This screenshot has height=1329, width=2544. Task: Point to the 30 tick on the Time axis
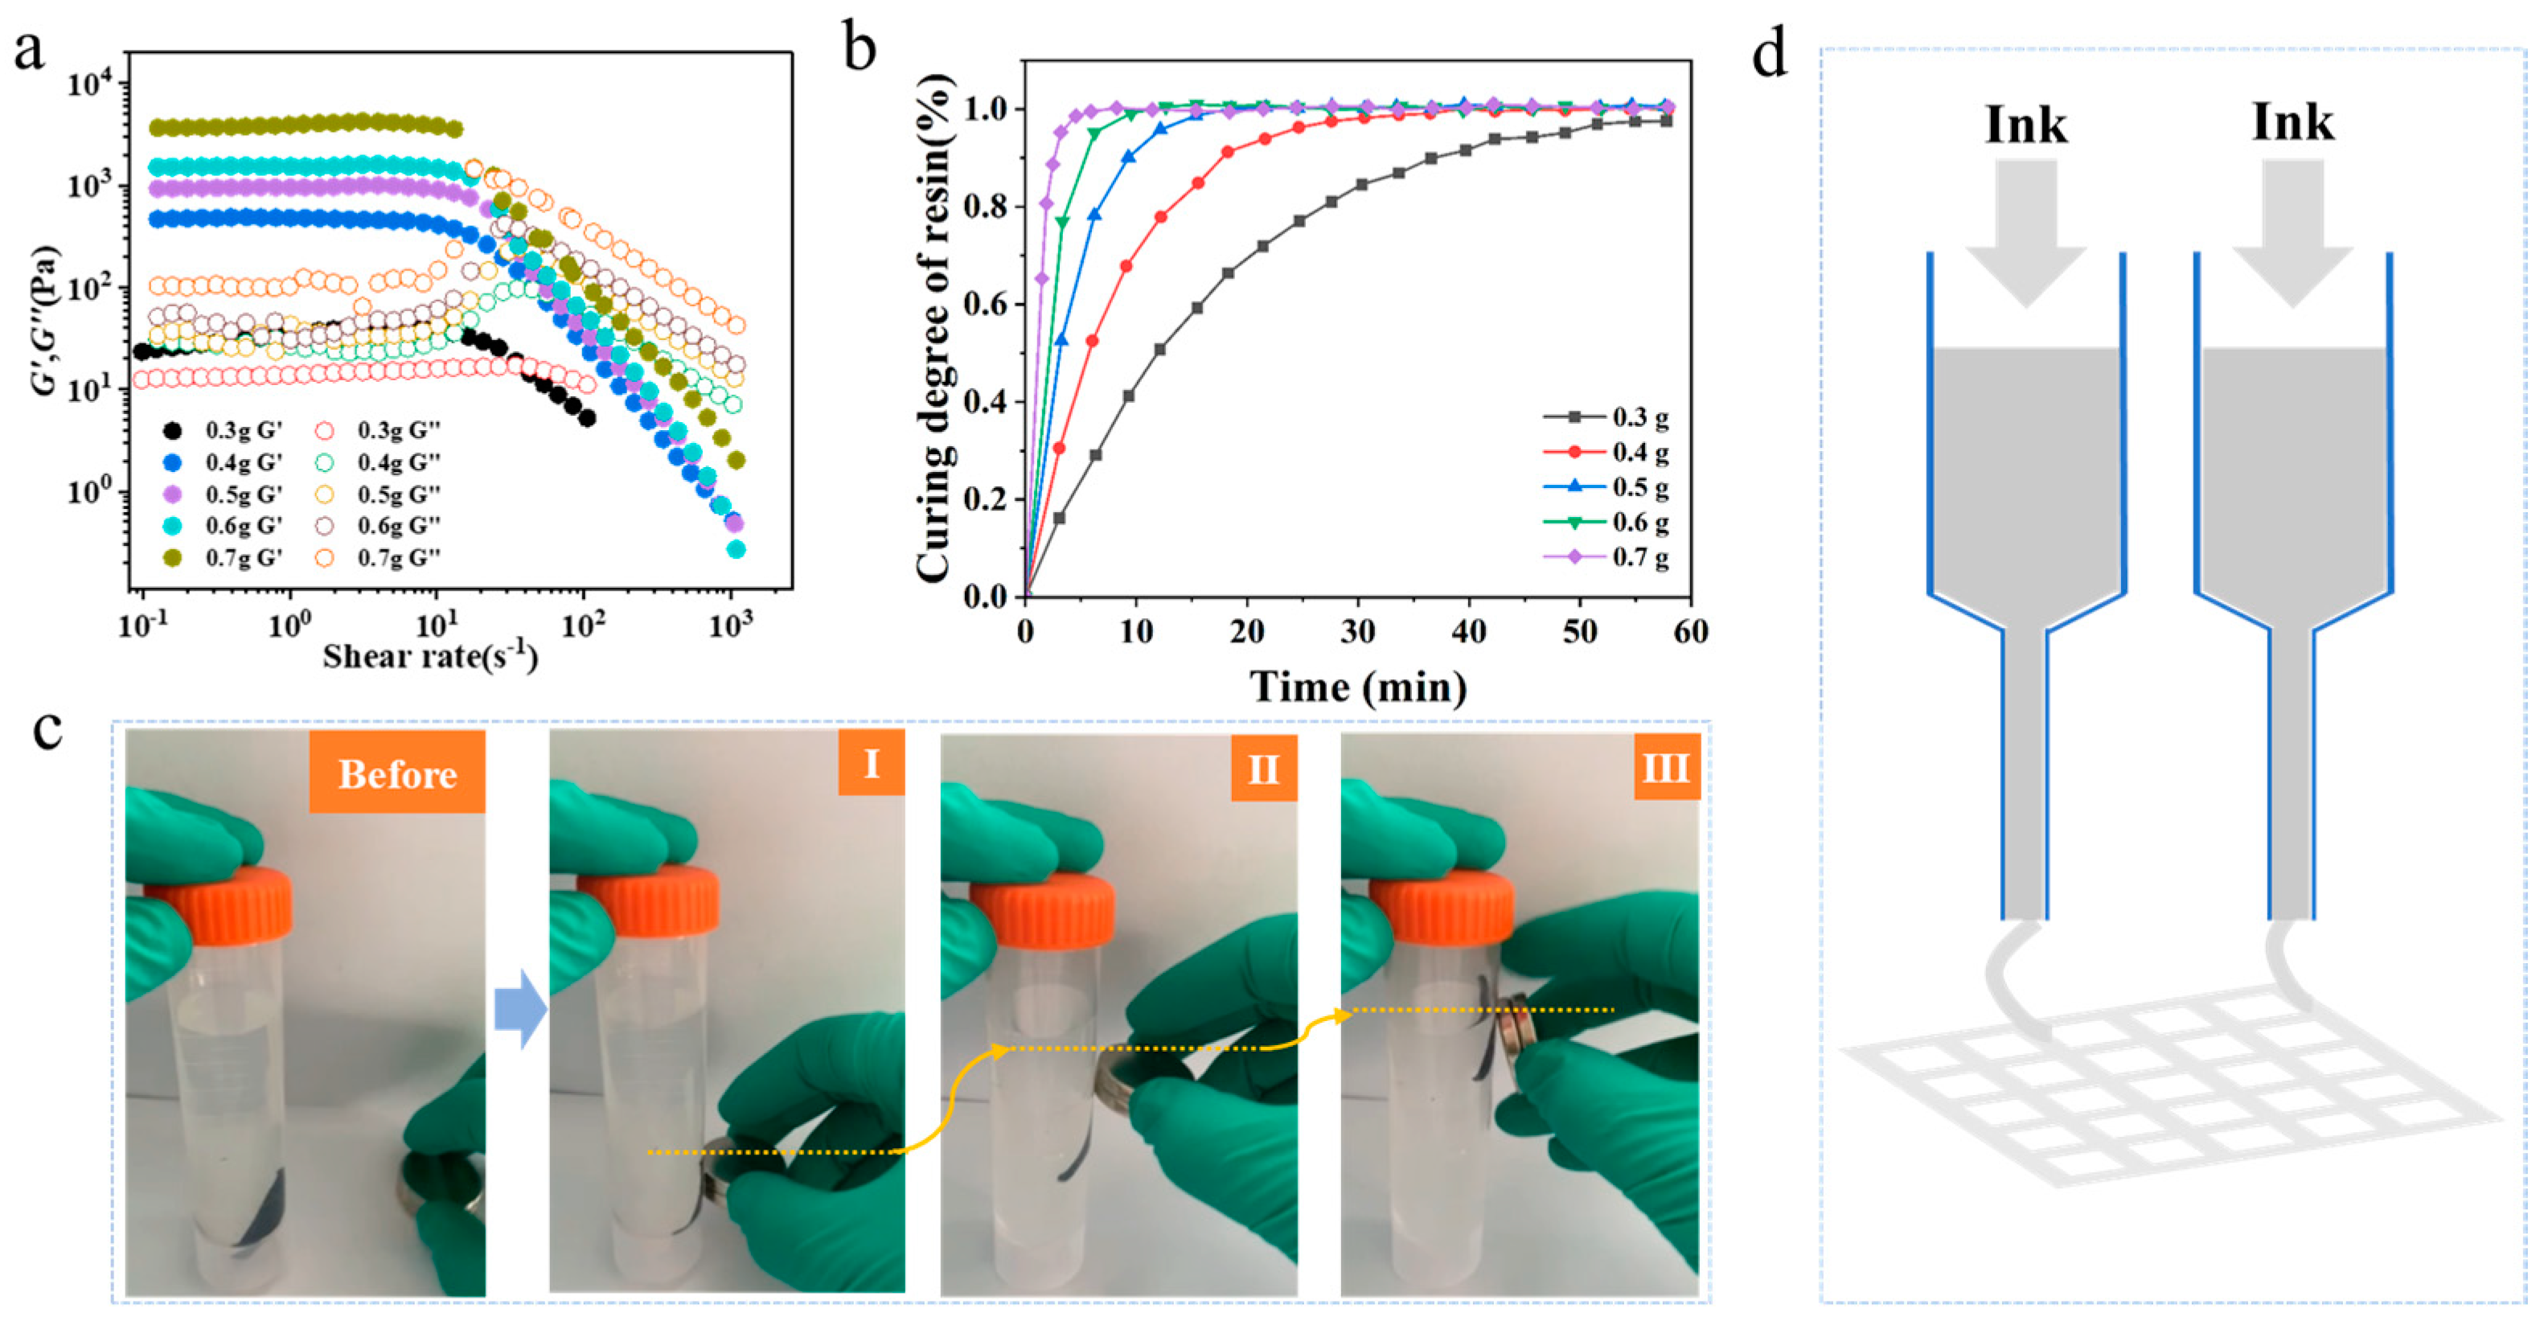[1358, 632]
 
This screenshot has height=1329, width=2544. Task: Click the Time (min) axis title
[1359, 687]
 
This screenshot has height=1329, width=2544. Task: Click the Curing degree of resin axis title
[934, 326]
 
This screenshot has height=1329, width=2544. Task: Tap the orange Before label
[397, 774]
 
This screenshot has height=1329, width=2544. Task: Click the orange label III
[1666, 766]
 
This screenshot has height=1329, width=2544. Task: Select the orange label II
[1263, 768]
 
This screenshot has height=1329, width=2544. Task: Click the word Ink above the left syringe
[2025, 125]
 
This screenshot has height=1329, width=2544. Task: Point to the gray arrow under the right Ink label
[2292, 232]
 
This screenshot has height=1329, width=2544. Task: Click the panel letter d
[1769, 55]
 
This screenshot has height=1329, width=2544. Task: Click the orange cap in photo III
[1442, 906]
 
